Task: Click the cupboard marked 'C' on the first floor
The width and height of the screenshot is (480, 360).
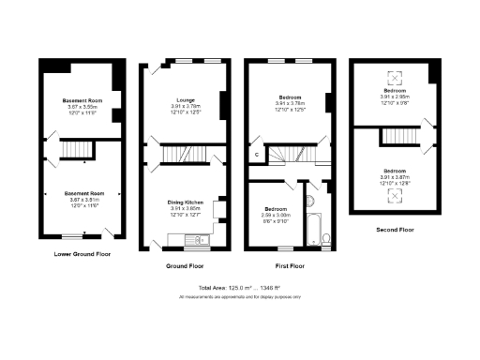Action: point(255,156)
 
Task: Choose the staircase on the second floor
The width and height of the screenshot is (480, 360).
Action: point(394,138)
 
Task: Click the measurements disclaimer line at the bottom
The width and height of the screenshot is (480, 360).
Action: point(240,296)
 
